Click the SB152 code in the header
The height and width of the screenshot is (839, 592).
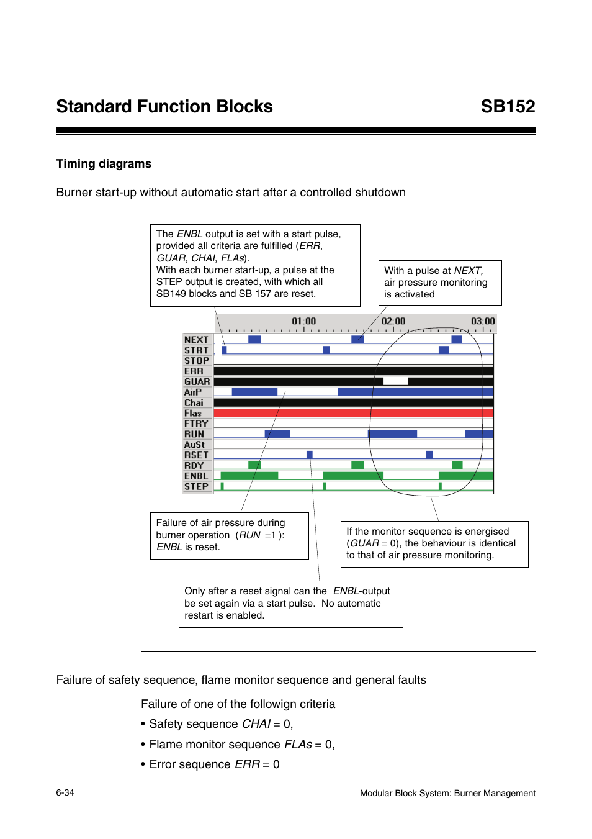coord(507,107)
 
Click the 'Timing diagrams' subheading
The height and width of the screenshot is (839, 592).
coord(104,164)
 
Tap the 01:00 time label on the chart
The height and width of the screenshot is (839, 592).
coord(303,321)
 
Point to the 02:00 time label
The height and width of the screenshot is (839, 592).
coord(393,321)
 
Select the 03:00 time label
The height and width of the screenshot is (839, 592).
coord(482,321)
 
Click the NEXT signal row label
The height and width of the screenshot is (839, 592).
coord(196,340)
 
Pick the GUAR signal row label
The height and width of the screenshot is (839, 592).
coord(197,382)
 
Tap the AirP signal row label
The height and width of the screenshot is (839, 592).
coord(193,392)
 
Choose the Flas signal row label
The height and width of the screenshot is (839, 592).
coord(193,414)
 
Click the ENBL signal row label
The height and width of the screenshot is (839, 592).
coord(196,476)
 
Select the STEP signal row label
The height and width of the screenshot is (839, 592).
coord(196,487)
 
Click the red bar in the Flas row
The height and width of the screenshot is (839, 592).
coord(353,413)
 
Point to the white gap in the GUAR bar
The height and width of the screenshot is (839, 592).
coord(395,381)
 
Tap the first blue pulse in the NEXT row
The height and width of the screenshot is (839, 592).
coord(254,339)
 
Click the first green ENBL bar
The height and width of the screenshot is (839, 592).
coord(249,476)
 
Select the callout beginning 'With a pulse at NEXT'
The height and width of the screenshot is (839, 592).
coord(439,283)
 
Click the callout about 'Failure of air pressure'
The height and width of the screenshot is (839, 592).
coord(229,535)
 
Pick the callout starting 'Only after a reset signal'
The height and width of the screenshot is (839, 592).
coord(290,604)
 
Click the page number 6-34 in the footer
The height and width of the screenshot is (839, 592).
coord(65,793)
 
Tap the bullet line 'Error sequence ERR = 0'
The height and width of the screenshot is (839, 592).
coord(214,764)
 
